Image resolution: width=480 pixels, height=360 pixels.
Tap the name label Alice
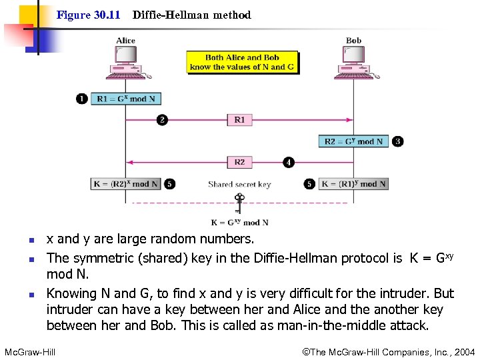(x=125, y=41)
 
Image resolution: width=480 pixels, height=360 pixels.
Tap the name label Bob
(x=354, y=41)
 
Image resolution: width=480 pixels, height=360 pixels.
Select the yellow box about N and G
(x=242, y=62)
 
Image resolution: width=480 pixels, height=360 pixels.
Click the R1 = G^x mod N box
(x=126, y=99)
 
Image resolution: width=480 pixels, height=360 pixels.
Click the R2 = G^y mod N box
(x=354, y=141)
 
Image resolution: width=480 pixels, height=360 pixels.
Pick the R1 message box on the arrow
(x=239, y=120)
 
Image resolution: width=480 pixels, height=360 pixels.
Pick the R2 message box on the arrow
(x=239, y=162)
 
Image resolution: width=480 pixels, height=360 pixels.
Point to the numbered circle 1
(x=81, y=99)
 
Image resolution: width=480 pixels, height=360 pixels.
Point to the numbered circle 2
(x=161, y=120)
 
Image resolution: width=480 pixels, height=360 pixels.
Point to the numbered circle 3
(x=398, y=141)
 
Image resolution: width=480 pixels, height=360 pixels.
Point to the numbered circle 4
(x=289, y=162)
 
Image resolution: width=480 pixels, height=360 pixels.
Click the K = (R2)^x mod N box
(x=126, y=183)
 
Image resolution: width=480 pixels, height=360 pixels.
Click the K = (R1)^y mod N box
(x=353, y=183)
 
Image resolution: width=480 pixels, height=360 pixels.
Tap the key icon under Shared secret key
(x=239, y=201)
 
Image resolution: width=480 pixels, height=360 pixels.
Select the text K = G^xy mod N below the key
(x=239, y=223)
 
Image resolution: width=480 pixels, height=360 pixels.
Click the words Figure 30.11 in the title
(x=88, y=15)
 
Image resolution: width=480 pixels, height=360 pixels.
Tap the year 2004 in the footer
(x=464, y=351)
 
